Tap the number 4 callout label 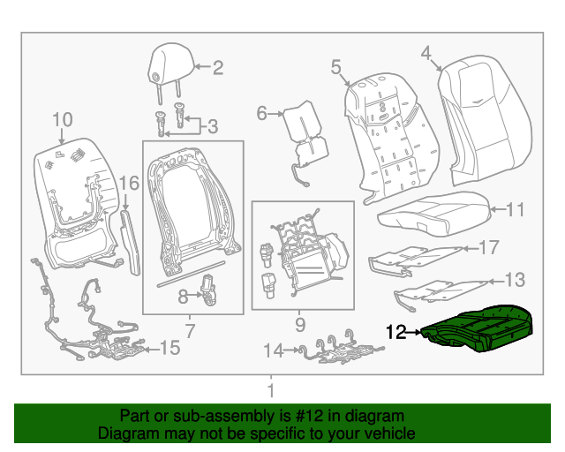click(426, 54)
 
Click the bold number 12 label click(396, 332)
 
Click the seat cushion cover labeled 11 click(433, 211)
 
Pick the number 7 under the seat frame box click(189, 331)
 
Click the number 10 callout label click(61, 119)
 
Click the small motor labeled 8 click(209, 289)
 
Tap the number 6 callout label click(262, 112)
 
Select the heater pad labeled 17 click(413, 256)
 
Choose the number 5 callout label click(335, 66)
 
